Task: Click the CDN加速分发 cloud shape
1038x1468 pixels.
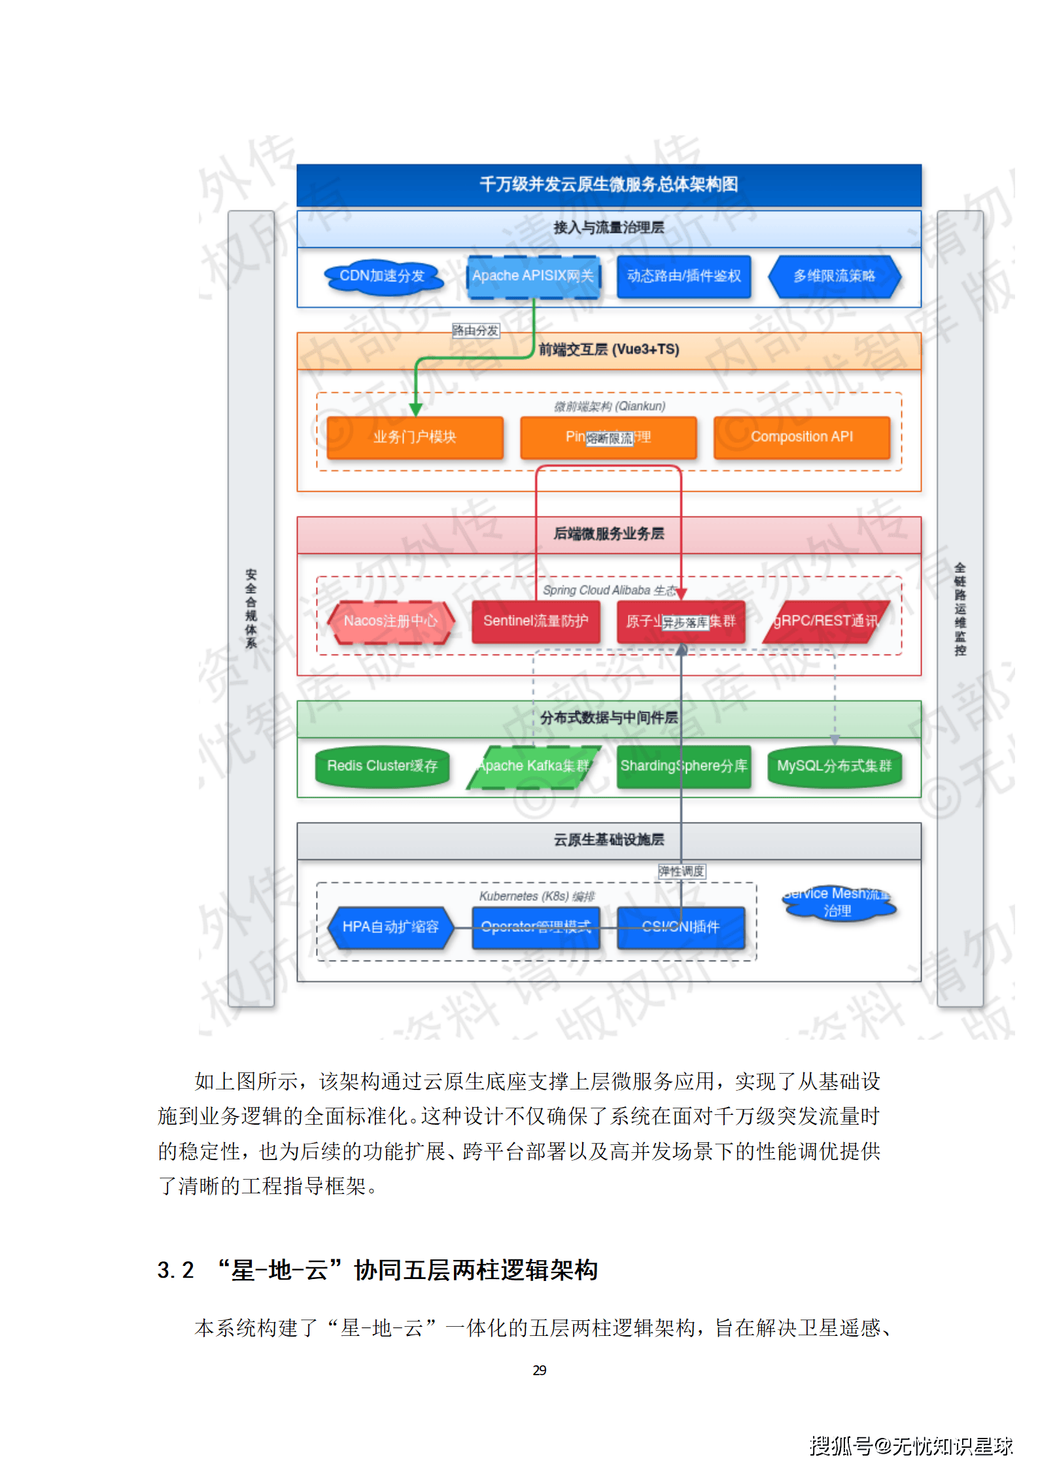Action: (x=383, y=277)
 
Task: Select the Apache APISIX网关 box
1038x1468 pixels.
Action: (x=532, y=277)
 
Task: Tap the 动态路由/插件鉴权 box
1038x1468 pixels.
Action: (x=683, y=277)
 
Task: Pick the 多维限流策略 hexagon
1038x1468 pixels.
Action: (x=834, y=277)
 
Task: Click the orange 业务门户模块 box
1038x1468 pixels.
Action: (x=415, y=437)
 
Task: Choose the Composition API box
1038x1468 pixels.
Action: (x=801, y=437)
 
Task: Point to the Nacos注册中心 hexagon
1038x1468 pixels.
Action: (x=390, y=621)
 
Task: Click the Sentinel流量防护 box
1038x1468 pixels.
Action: (x=535, y=621)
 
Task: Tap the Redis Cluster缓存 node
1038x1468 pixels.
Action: (x=382, y=766)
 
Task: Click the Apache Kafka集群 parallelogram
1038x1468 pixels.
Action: (x=532, y=766)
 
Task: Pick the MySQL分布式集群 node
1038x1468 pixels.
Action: (x=834, y=766)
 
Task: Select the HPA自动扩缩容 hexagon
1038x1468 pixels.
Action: (x=390, y=927)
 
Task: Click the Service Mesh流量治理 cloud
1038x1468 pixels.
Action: (x=837, y=903)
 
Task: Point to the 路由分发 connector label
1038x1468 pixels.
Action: (x=476, y=331)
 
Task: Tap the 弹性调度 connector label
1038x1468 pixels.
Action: (x=681, y=872)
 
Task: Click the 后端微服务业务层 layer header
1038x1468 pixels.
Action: (x=608, y=534)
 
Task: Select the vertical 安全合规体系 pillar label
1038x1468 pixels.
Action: (x=251, y=608)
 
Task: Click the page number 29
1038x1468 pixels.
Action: (x=540, y=1370)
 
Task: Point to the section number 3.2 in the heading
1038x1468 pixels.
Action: (x=175, y=1271)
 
